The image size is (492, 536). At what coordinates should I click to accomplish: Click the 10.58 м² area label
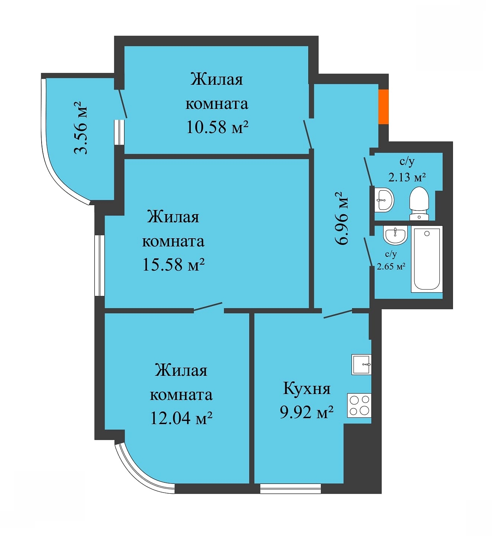point(217,127)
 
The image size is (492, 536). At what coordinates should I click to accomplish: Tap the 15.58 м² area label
point(173,265)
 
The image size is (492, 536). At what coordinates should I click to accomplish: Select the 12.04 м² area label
point(181,418)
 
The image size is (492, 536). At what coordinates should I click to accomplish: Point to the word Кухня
point(307,388)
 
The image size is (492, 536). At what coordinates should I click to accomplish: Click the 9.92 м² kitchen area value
point(307,412)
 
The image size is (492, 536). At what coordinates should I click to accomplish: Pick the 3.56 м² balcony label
point(81,127)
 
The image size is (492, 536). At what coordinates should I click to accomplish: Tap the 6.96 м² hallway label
point(342,217)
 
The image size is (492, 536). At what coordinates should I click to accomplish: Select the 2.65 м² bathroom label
point(391,266)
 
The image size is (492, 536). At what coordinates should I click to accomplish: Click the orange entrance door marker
point(384,107)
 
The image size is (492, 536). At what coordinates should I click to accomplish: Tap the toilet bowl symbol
point(419,203)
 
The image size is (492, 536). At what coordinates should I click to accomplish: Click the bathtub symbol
point(427,259)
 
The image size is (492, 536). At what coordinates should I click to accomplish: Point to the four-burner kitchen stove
point(359,405)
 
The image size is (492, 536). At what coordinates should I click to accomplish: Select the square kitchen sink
point(361,365)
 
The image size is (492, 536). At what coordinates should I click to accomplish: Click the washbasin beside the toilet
point(384,200)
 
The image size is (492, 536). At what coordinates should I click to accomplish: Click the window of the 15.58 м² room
point(100,265)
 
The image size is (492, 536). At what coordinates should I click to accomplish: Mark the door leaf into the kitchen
point(338,314)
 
